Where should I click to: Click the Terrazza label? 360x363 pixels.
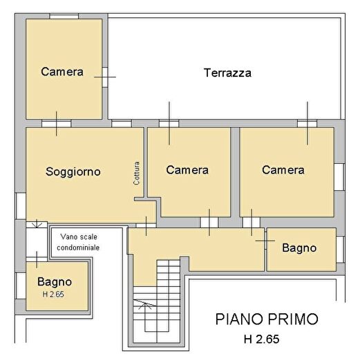click(x=227, y=73)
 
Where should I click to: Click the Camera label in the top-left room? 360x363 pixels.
click(x=62, y=71)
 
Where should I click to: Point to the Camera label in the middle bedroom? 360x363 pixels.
click(x=187, y=170)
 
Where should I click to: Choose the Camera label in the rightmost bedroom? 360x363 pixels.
click(x=283, y=170)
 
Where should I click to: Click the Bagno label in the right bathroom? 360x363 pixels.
click(x=299, y=248)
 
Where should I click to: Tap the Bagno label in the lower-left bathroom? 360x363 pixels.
click(x=55, y=282)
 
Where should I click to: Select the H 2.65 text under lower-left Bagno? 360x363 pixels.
click(x=55, y=295)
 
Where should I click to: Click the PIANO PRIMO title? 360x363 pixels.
click(x=267, y=319)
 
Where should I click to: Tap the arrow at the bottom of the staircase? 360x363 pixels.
click(x=144, y=304)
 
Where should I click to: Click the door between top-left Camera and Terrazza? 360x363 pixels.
click(x=105, y=76)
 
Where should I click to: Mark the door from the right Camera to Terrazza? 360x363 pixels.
click(x=307, y=123)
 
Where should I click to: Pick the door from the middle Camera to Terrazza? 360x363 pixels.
click(x=169, y=123)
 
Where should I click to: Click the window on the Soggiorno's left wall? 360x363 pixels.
click(x=21, y=204)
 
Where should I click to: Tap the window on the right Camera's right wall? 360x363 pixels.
click(x=339, y=176)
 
